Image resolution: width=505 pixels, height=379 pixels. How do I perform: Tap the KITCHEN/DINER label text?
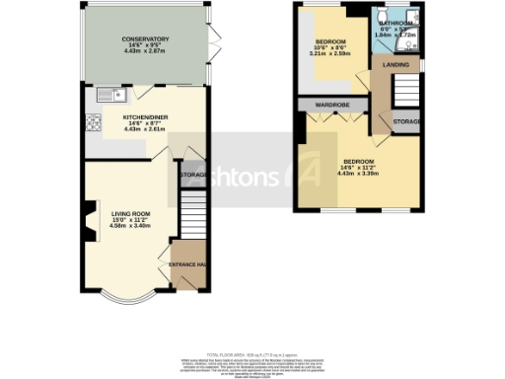click(144, 115)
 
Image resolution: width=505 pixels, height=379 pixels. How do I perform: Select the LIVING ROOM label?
click(129, 212)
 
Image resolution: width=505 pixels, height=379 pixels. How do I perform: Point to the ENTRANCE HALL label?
click(187, 265)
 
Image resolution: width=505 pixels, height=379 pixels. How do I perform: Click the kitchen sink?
click(108, 95)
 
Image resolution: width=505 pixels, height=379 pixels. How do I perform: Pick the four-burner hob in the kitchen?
click(96, 123)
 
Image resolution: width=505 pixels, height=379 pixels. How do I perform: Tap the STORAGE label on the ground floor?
click(192, 176)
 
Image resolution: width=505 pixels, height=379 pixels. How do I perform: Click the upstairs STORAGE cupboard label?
click(406, 121)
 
